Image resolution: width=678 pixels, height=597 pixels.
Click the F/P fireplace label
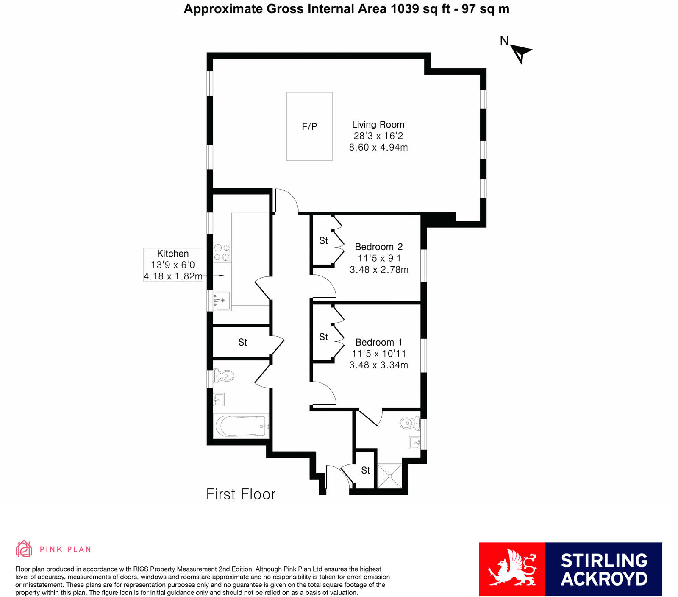click(309, 126)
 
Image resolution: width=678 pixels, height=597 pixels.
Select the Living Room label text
click(378, 125)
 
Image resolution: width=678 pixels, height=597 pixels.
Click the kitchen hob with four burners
click(222, 252)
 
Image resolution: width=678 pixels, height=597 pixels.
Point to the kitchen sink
click(222, 300)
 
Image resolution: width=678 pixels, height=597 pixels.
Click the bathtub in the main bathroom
click(241, 426)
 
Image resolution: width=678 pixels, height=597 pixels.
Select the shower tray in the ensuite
click(389, 476)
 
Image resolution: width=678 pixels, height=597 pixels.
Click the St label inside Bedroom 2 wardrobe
click(323, 241)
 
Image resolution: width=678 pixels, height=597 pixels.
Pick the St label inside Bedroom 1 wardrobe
click(323, 337)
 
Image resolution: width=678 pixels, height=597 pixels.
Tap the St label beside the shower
click(365, 470)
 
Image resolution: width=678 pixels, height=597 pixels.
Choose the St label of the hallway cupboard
click(242, 342)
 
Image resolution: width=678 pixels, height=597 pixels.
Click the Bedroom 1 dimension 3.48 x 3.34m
click(378, 365)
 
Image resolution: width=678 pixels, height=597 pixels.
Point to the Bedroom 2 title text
click(378, 247)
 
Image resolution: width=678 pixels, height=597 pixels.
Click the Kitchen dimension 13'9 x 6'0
click(173, 265)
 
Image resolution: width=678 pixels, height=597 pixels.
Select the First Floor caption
click(241, 494)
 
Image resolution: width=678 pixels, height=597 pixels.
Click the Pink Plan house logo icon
click(24, 549)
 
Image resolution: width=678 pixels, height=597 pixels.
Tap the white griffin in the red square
click(512, 569)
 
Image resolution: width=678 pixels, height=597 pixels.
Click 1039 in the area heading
click(405, 9)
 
